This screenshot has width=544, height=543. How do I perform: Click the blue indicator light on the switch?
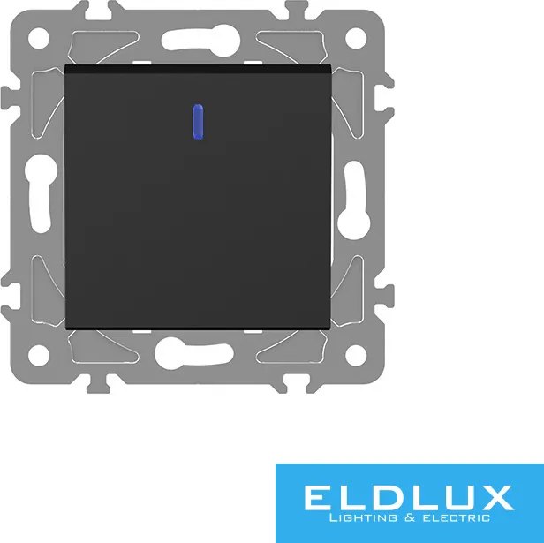[x=198, y=122]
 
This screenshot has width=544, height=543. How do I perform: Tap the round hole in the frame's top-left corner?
[x=39, y=38]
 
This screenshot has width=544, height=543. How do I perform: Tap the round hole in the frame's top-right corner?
[x=356, y=38]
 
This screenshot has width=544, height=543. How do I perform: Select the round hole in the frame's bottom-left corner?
[x=39, y=355]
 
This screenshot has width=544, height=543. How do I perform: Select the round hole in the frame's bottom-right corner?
[x=356, y=355]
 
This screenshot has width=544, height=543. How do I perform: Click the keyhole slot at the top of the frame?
[x=200, y=41]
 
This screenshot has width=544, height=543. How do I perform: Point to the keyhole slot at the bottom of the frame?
[x=194, y=353]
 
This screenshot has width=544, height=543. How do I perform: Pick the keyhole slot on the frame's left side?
[x=41, y=193]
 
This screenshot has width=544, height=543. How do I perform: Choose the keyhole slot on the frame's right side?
[x=354, y=200]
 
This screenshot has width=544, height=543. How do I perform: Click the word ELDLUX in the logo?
[x=409, y=498]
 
